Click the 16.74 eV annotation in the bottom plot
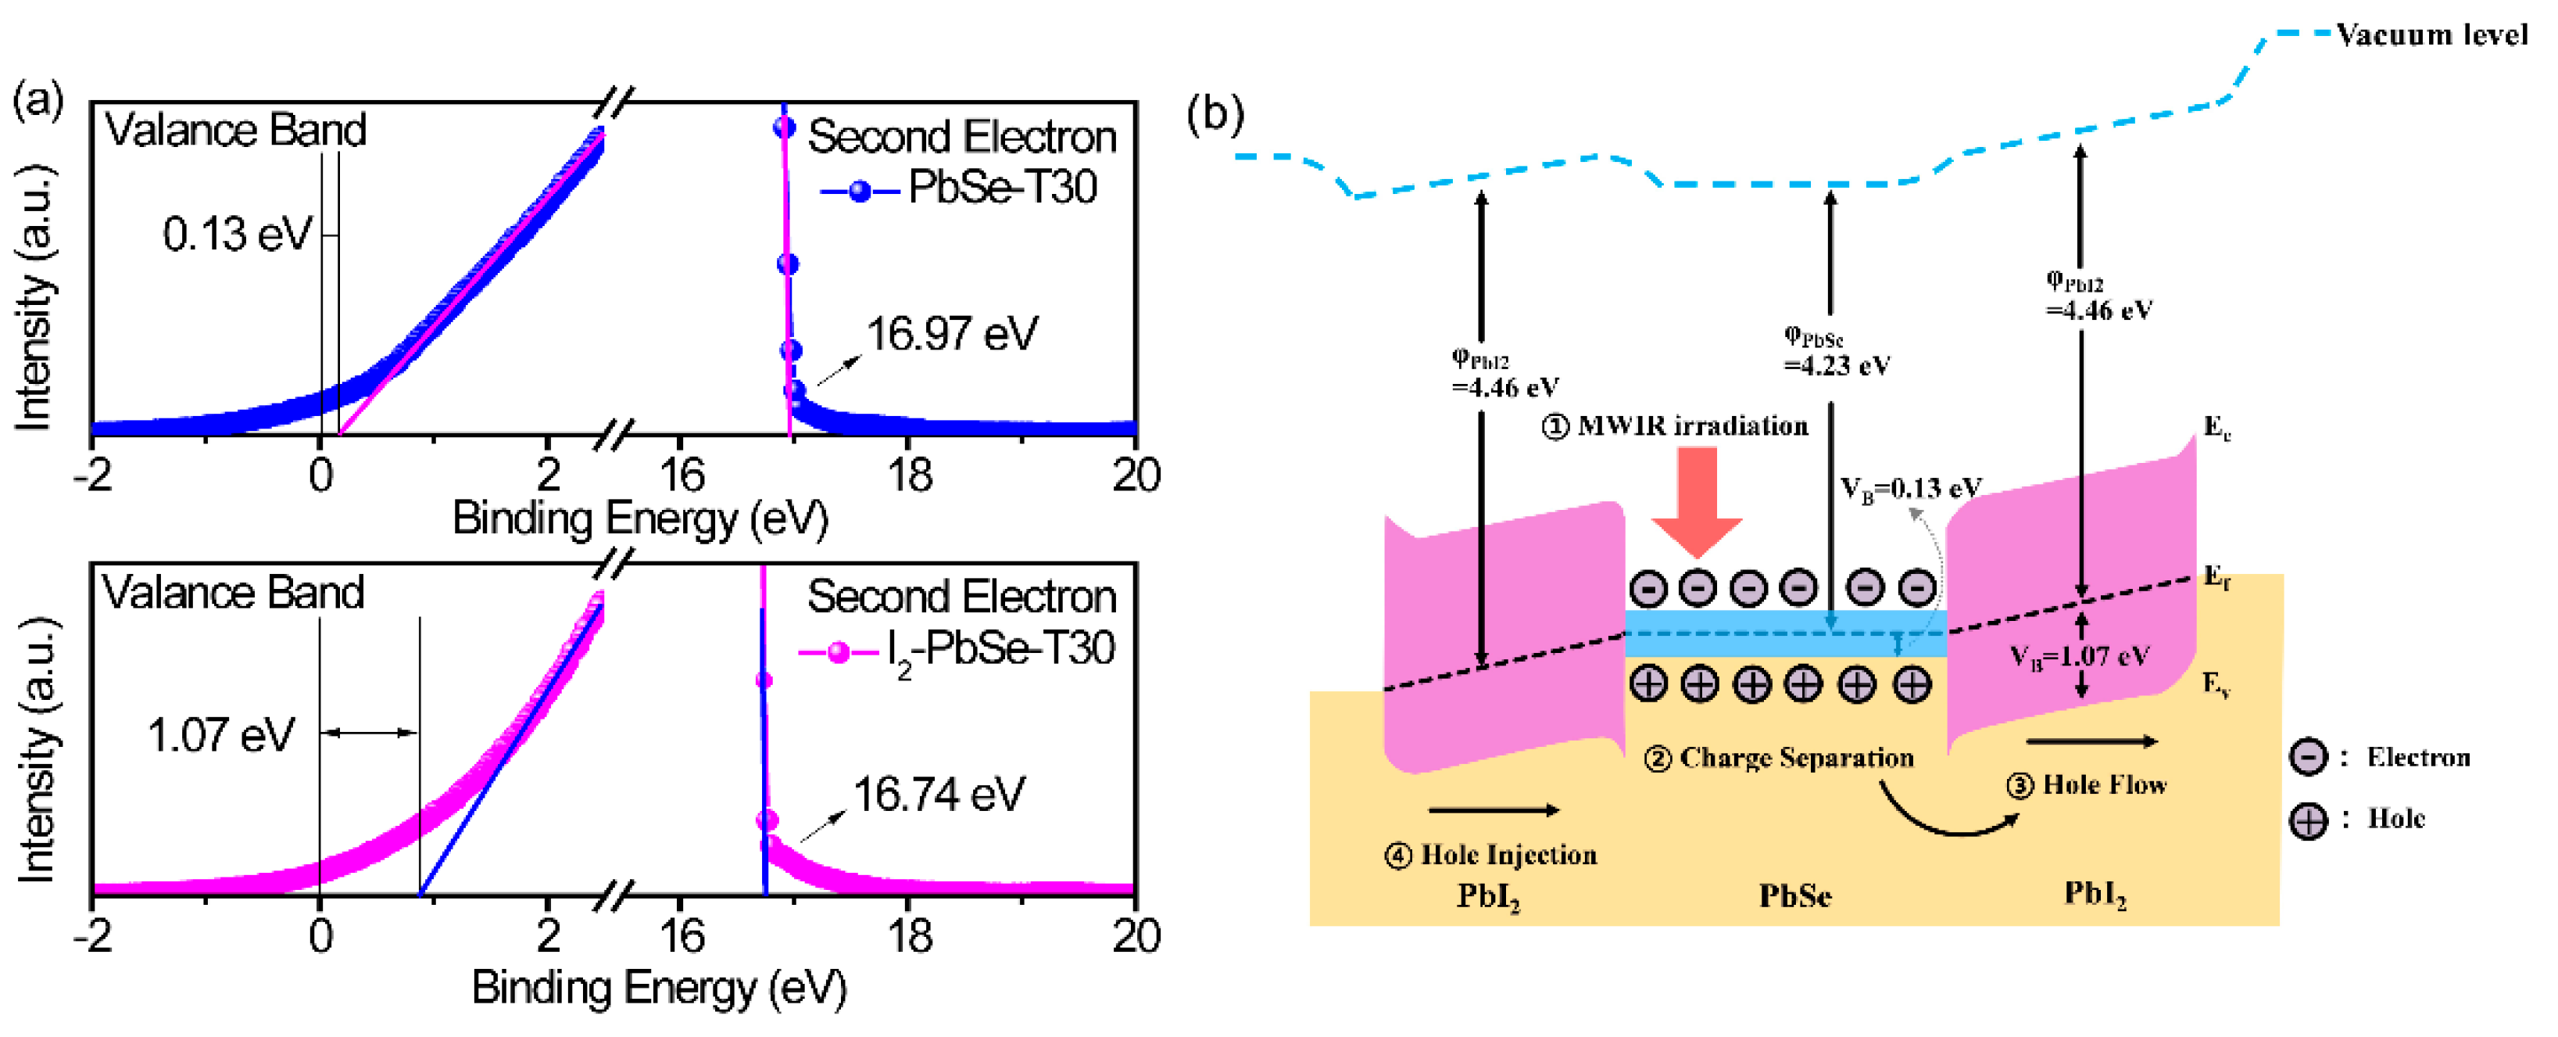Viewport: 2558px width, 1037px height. click(939, 794)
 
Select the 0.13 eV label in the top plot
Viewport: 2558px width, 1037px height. click(236, 235)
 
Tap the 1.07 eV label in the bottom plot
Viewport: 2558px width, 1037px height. click(220, 735)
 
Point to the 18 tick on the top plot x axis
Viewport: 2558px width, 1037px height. click(909, 475)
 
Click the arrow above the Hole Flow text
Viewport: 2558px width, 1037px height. click(2091, 741)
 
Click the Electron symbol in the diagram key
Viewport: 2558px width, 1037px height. click(2308, 757)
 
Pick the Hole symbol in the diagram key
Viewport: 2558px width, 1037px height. click(2308, 820)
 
